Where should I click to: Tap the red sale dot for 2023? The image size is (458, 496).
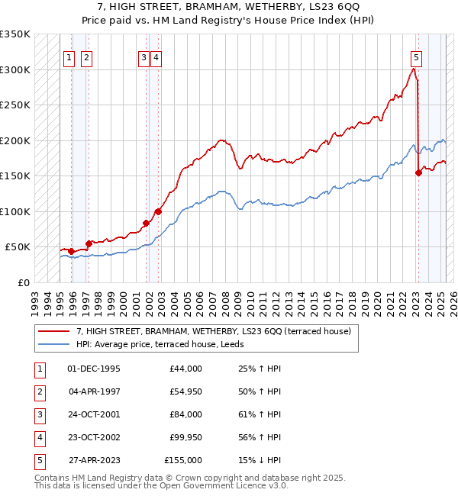(418, 173)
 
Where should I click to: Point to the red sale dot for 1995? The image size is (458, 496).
(71, 251)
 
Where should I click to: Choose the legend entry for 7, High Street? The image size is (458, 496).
(213, 331)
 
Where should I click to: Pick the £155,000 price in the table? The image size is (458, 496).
(183, 460)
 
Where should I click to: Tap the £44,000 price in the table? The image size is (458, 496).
(185, 369)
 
